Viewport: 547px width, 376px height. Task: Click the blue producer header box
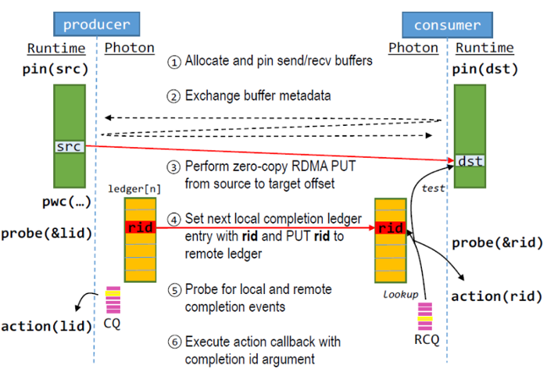click(x=96, y=24)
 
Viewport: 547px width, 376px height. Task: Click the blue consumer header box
click(x=448, y=24)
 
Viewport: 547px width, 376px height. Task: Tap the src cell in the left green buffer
click(x=69, y=146)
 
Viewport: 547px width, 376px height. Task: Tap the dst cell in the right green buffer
click(x=470, y=161)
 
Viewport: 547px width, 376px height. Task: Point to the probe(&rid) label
click(x=496, y=242)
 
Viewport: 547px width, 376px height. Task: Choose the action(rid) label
click(x=496, y=296)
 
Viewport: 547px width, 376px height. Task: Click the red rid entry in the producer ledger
click(x=141, y=227)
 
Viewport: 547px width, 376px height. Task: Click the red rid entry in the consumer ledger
click(x=390, y=228)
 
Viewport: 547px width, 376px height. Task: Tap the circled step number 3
click(x=174, y=167)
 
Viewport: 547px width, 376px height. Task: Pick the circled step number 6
click(x=174, y=342)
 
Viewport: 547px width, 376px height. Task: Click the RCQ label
click(x=425, y=340)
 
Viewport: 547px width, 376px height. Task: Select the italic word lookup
click(x=400, y=295)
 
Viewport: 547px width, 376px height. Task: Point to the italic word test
click(x=432, y=188)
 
